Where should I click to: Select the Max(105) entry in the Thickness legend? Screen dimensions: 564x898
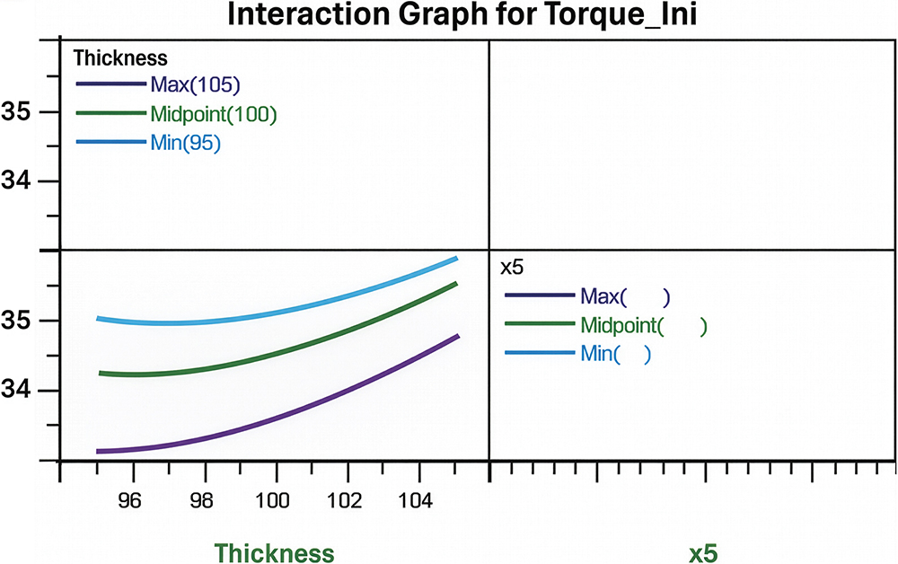[x=195, y=84]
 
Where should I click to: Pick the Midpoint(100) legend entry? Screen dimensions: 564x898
[x=213, y=114]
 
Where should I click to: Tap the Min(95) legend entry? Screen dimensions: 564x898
[x=185, y=143]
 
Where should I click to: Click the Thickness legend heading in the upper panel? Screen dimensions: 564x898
[x=119, y=58]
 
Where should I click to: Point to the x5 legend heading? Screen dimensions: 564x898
[x=511, y=267]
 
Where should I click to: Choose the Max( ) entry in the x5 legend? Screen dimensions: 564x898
[x=625, y=295]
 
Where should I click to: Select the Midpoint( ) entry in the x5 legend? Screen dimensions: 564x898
[x=643, y=325]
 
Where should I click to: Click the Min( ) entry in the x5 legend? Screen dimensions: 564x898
[x=615, y=354]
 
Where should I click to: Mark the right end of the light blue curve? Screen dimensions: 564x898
[x=456, y=259]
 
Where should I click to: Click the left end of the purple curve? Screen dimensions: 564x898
[x=98, y=451]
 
